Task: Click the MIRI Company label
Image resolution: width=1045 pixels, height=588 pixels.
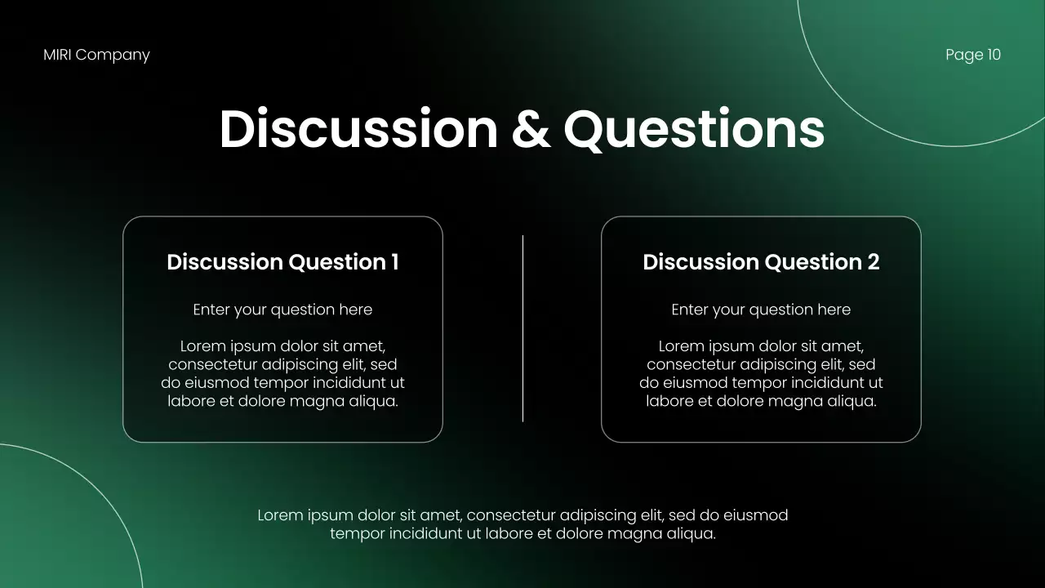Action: pyautogui.click(x=96, y=55)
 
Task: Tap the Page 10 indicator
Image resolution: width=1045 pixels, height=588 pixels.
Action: pyautogui.click(x=972, y=55)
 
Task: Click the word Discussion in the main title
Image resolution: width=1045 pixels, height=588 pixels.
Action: pyautogui.click(x=358, y=129)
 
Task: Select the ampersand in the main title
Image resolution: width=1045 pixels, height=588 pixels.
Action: pyautogui.click(x=531, y=129)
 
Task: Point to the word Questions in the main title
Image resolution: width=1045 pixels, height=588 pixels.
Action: pyautogui.click(x=694, y=129)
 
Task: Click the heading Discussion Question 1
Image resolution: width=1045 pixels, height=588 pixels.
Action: pyautogui.click(x=282, y=262)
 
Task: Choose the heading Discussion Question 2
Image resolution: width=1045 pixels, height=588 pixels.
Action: pyautogui.click(x=761, y=262)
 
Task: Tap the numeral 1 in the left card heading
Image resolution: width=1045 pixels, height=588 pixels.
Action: pyautogui.click(x=394, y=262)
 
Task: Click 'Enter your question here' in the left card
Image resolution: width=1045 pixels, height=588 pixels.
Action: pyautogui.click(x=282, y=310)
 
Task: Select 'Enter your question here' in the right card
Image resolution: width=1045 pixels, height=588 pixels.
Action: pyautogui.click(x=761, y=310)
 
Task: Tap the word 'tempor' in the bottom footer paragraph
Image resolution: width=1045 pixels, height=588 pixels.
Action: pyautogui.click(x=357, y=534)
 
